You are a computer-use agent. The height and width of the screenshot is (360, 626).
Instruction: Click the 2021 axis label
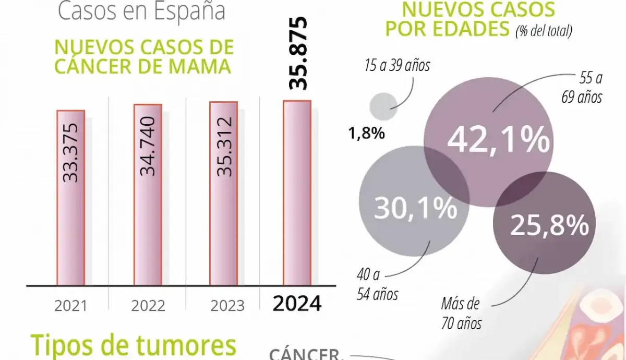coord(70,306)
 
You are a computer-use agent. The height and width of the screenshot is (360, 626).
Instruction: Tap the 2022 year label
coord(148,306)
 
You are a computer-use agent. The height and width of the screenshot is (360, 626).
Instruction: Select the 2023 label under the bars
coord(227,306)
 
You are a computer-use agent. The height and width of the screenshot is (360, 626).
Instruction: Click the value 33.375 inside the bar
coord(70,153)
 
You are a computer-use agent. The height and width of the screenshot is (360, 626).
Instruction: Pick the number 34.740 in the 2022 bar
coord(148,146)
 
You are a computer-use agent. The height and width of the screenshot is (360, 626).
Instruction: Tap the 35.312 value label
coord(224,147)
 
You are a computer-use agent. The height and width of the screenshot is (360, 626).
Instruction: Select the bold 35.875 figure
coord(298,53)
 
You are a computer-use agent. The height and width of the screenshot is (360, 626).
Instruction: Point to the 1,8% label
coord(367,134)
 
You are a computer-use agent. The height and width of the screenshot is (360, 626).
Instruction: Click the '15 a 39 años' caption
coord(398,66)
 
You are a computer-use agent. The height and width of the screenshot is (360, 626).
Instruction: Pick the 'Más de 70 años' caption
coord(461,313)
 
